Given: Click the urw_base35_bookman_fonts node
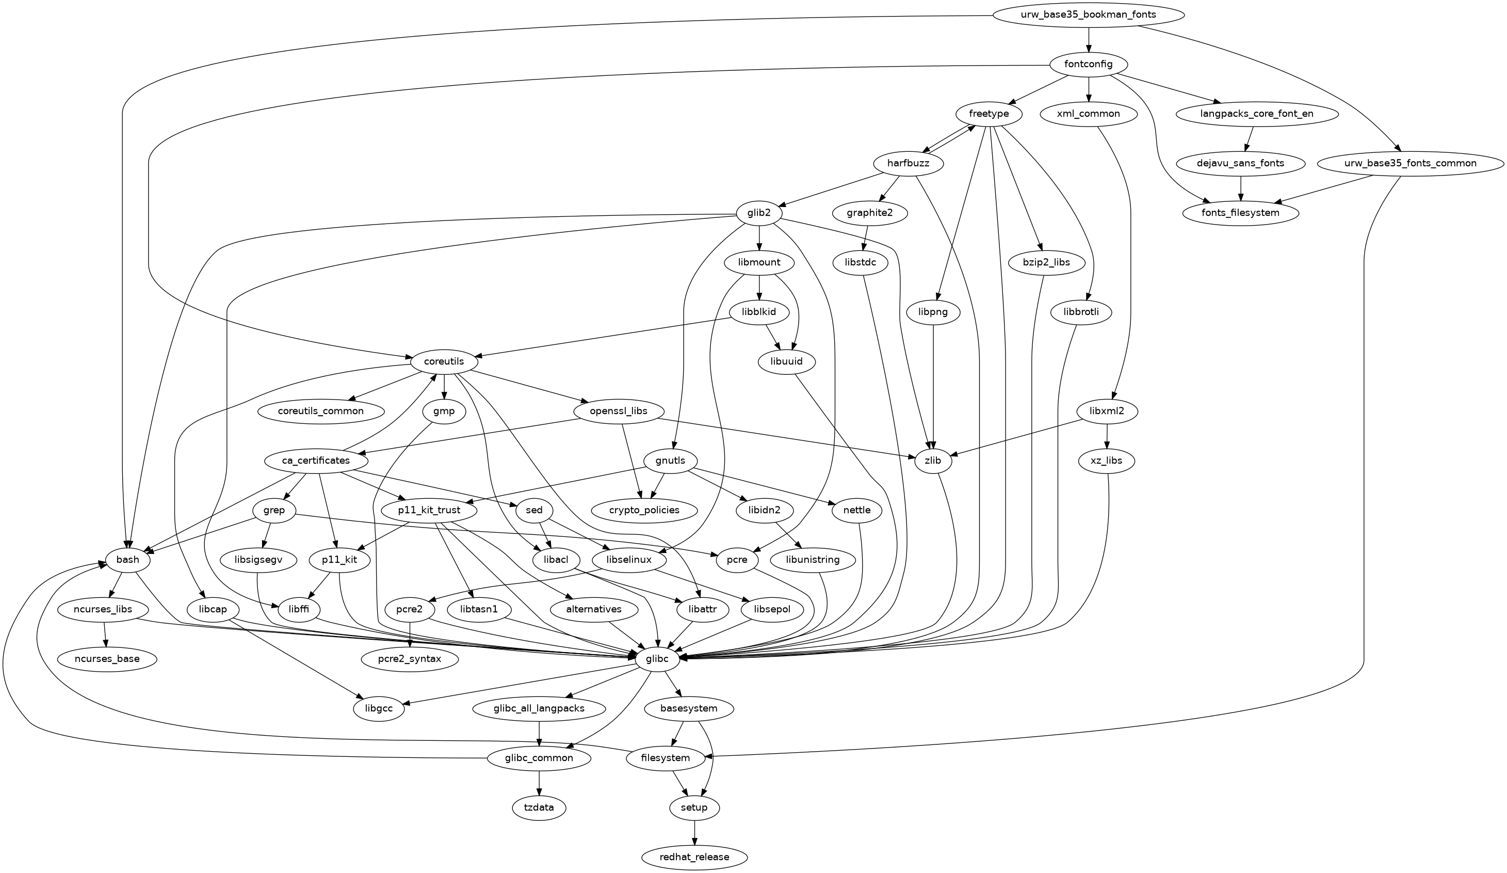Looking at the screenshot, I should tap(1089, 15).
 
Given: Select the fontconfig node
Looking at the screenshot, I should tap(1089, 64).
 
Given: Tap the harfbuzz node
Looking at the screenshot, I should tap(909, 163).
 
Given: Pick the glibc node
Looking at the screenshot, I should tap(657, 659).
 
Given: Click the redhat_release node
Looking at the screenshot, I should tap(694, 857).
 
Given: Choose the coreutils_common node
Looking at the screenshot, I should tap(320, 411).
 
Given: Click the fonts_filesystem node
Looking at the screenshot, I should tap(1241, 212).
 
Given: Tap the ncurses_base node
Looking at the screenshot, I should tap(107, 659).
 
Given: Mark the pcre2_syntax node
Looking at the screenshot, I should tap(410, 659).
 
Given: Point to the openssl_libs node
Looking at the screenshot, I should tap(619, 411).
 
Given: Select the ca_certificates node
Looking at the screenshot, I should tap(316, 461).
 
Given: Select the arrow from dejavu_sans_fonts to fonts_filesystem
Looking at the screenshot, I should tap(1241, 188).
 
